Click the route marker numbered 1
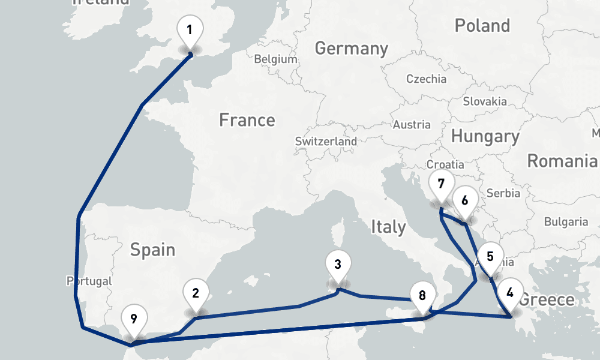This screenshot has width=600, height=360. coord(190,30)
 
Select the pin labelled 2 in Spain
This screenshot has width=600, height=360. coord(196,293)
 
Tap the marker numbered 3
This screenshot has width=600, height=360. coord(338,265)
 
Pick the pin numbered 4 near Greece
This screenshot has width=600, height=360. coord(510,293)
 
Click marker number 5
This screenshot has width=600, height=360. coord(490,257)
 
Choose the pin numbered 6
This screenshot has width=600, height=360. coord(465,201)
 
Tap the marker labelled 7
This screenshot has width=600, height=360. coord(442,184)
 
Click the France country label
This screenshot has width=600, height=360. coord(247,120)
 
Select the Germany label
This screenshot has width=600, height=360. coord(351,48)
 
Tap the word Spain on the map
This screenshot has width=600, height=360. coord(152,249)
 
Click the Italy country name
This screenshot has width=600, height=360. coord(388,227)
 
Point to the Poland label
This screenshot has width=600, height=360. coord(482,26)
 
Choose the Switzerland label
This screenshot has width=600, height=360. coord(326,142)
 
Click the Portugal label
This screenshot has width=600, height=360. coord(89,281)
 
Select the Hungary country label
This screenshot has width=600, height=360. coord(485,137)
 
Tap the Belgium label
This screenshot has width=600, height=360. coord(275,59)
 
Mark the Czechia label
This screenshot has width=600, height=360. coord(426,79)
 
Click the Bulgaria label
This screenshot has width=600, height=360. coord(566,221)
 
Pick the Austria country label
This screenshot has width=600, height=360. coord(411,125)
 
